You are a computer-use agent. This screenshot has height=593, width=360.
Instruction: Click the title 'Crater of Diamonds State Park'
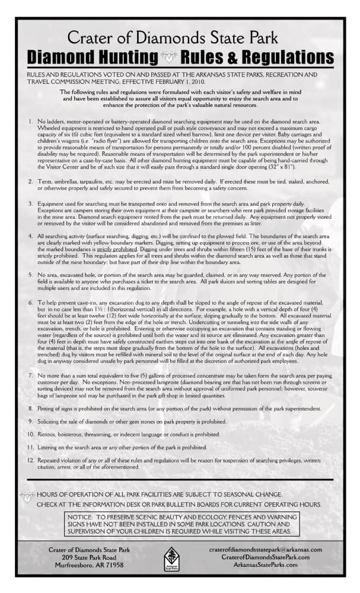click(x=172, y=38)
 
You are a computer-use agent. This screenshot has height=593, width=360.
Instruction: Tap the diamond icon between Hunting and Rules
click(x=168, y=58)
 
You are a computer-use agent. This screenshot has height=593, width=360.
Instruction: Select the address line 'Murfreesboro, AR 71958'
click(x=87, y=565)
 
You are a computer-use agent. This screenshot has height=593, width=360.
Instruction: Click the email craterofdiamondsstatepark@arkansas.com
click(x=266, y=550)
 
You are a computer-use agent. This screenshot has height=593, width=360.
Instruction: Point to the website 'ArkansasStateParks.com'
click(x=266, y=565)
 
